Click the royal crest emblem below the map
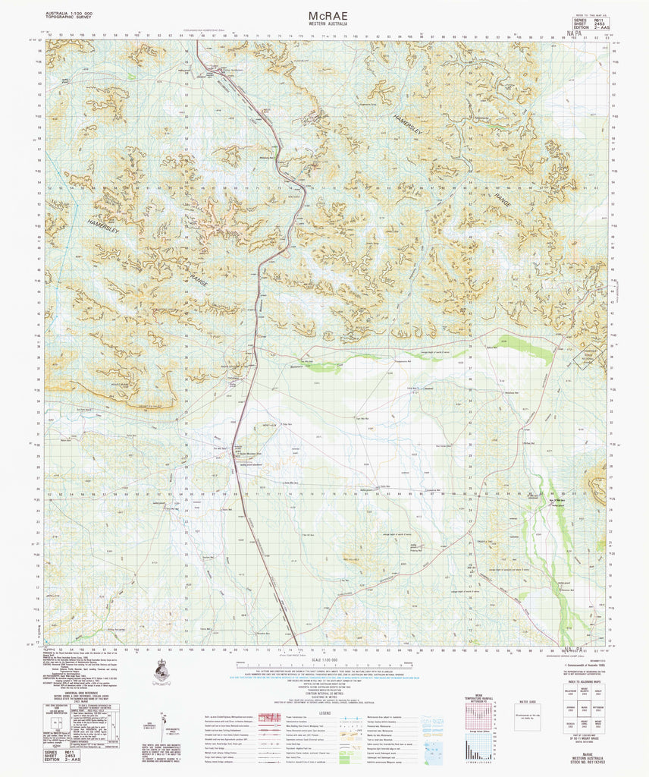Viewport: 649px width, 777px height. coord(161,671)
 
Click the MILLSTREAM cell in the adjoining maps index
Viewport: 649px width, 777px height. coord(565,691)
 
